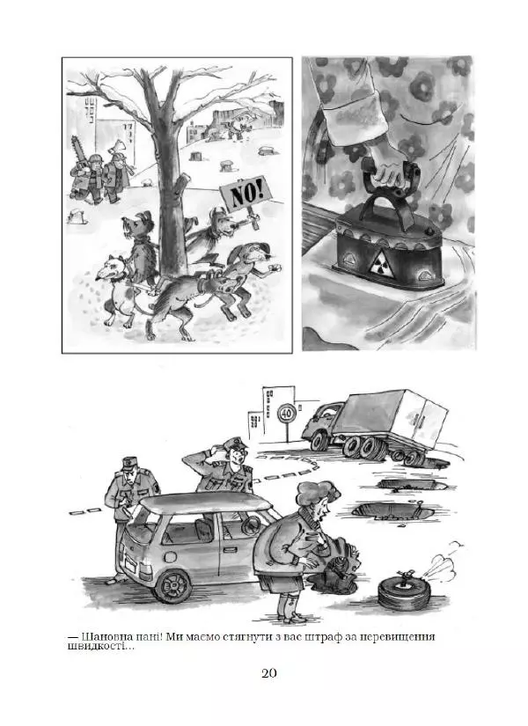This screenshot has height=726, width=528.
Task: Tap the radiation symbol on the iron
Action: coord(382,263)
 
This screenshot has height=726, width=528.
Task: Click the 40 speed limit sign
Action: coord(287,412)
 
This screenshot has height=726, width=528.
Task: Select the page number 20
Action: coord(269,672)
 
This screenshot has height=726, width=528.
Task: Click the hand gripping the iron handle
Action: coord(390,171)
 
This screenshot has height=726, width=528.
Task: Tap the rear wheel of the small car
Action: coord(172,585)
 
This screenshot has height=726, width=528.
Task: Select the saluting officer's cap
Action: coord(235,443)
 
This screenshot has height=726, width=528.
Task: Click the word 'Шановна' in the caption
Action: coord(104,637)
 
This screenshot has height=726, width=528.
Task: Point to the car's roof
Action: coord(205,502)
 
